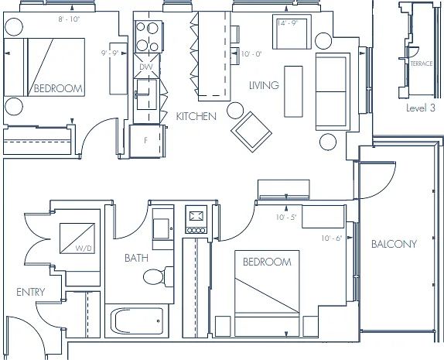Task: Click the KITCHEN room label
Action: [196, 116]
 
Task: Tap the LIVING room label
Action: [264, 85]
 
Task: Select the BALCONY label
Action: [394, 244]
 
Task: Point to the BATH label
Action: [136, 258]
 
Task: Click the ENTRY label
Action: [31, 292]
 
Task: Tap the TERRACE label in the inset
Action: [422, 63]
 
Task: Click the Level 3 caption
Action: [421, 108]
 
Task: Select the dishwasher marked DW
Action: [146, 66]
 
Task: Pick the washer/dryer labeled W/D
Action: [77, 238]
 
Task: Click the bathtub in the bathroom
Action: [137, 321]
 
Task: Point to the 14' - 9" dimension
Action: [288, 23]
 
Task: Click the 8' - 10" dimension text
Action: [69, 19]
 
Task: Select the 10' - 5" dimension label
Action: [286, 217]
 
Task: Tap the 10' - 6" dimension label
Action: [332, 238]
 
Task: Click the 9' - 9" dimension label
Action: [110, 53]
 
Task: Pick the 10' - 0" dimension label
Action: [251, 53]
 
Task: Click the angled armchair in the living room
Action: [251, 132]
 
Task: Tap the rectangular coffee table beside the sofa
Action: [293, 91]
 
